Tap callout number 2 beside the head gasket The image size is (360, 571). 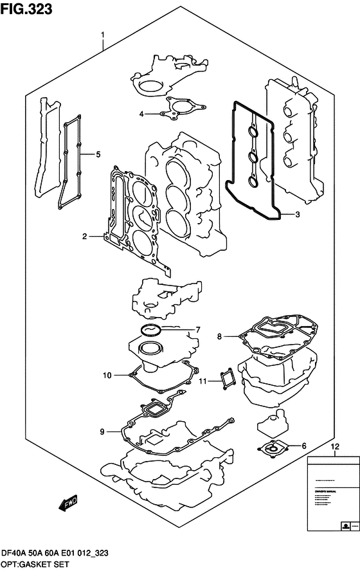(x=84, y=237)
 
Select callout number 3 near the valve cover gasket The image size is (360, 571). (x=296, y=214)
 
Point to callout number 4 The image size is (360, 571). (x=141, y=114)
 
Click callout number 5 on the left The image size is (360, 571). (x=98, y=154)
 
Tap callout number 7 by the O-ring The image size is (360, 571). (x=198, y=331)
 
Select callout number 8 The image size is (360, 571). (x=219, y=336)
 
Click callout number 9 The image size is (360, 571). (x=102, y=432)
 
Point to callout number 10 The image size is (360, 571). (x=107, y=374)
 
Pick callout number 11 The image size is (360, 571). (x=202, y=381)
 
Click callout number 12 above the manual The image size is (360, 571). (x=333, y=446)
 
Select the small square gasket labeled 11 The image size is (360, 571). (x=226, y=378)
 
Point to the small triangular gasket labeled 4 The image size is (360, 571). (x=177, y=109)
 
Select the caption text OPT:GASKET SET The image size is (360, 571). (x=37, y=563)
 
